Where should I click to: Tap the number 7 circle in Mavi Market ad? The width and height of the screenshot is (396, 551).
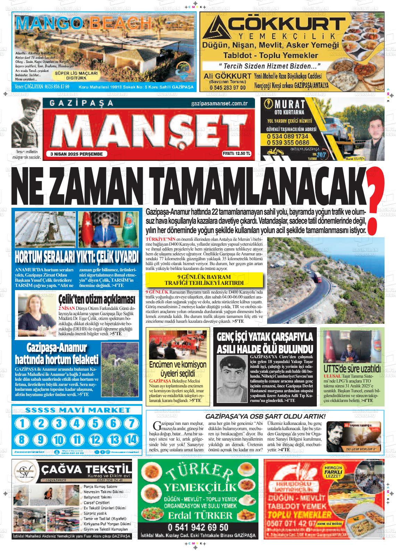click(x=131, y=423)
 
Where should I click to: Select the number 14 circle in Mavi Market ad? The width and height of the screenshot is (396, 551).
click(x=131, y=439)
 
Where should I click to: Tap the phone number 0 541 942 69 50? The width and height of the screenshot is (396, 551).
click(x=198, y=527)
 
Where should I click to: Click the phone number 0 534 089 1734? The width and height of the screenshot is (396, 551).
click(x=288, y=137)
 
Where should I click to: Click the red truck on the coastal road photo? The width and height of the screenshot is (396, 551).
click(x=317, y=277)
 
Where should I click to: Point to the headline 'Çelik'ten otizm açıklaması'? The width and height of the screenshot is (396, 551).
click(x=96, y=299)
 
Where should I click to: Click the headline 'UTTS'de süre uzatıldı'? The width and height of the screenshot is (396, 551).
click(x=352, y=368)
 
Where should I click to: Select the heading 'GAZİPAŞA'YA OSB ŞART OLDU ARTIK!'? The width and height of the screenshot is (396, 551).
click(x=265, y=416)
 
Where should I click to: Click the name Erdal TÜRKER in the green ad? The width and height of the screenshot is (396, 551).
click(x=198, y=515)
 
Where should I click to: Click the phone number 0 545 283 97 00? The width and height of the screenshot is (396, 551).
click(x=228, y=88)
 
